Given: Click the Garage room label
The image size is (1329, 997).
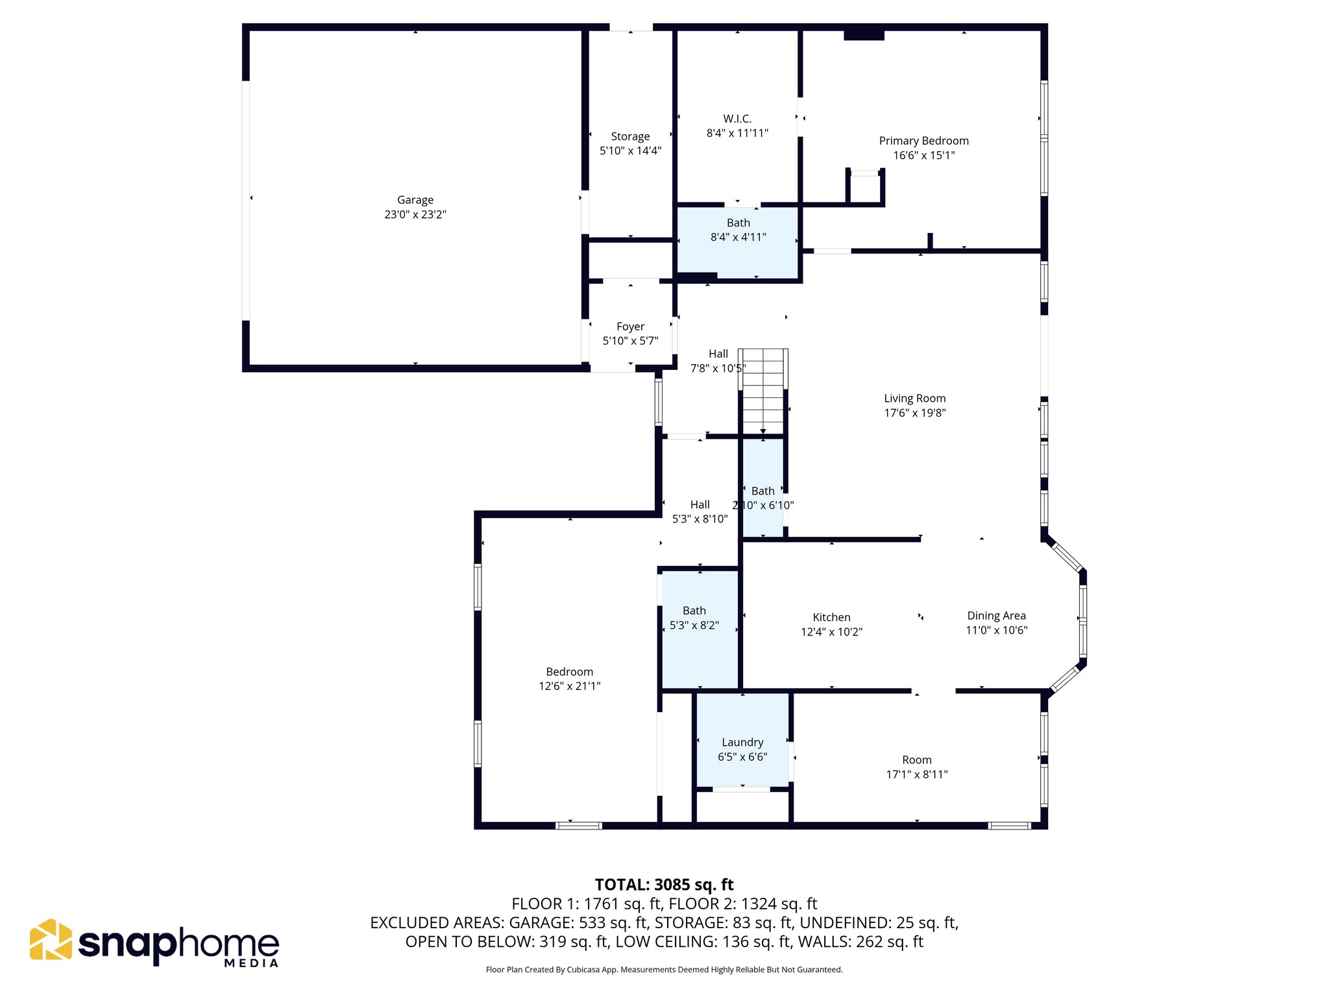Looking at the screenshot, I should tap(415, 200).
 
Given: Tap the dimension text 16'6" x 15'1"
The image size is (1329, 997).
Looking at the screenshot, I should tap(923, 155).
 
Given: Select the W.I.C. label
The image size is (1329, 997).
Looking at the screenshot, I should tap(737, 119).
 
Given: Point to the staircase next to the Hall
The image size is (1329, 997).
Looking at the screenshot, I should tap(763, 391).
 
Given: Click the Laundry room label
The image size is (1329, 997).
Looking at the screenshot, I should tap(742, 742).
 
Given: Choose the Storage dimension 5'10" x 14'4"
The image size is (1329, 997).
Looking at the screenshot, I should tap(630, 151).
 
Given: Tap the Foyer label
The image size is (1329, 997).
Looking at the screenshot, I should tap(630, 326).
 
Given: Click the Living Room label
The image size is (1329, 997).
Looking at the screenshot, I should tap(914, 399).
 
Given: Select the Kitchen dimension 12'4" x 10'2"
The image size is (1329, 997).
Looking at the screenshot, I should tap(831, 632).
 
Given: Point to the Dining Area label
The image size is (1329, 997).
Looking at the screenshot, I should tap(996, 615).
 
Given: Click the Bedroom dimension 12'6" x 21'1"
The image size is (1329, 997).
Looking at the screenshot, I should tap(569, 686).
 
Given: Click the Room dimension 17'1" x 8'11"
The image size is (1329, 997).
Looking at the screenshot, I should tap(916, 774).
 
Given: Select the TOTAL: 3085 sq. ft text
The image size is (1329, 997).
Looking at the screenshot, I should tap(664, 885).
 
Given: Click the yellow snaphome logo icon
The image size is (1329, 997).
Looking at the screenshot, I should tap(51, 939).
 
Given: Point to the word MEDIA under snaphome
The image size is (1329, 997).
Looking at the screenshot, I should tap(251, 963).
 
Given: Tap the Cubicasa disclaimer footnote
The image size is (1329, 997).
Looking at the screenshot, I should tap(664, 970).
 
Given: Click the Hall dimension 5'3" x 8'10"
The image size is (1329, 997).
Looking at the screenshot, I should tap(700, 519).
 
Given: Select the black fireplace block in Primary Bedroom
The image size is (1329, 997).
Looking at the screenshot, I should tap(864, 35).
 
